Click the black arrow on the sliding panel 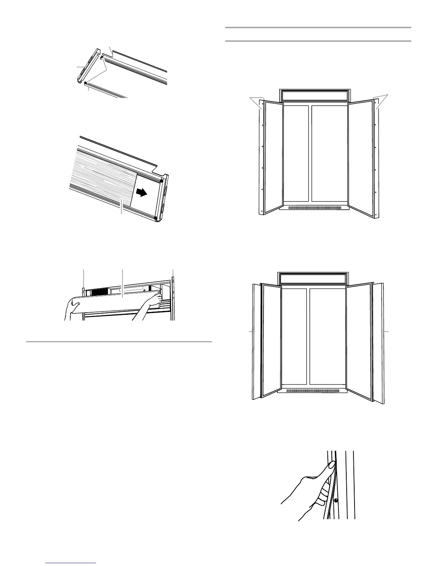click(x=142, y=193)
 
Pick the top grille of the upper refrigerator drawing click(x=315, y=95)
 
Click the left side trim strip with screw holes click(x=261, y=157)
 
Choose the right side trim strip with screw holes click(x=376, y=157)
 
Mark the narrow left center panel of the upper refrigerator click(x=296, y=154)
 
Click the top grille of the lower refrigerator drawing click(x=313, y=279)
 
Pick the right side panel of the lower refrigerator click(x=379, y=339)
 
